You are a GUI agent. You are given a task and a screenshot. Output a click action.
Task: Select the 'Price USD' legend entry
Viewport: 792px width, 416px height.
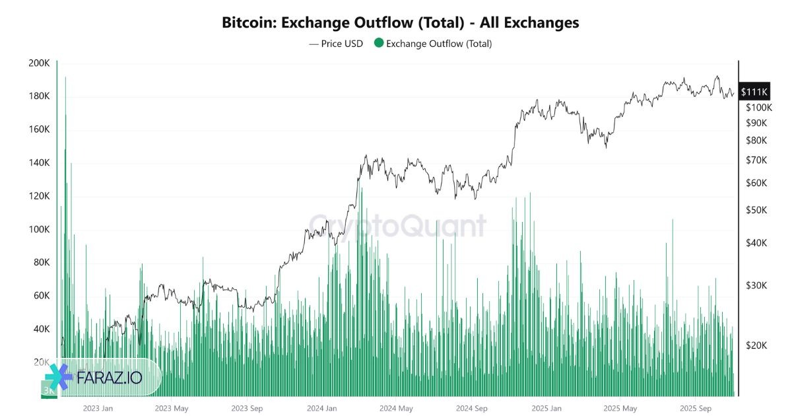pos(336,44)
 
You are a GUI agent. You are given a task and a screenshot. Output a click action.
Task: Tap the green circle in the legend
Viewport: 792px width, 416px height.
pos(378,44)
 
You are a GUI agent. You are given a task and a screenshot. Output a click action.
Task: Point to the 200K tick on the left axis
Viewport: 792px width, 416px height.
pos(39,63)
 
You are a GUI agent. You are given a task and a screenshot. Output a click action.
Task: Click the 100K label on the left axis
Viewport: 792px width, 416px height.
pos(39,229)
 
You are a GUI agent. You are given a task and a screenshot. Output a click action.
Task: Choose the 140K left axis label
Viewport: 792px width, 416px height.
pos(39,162)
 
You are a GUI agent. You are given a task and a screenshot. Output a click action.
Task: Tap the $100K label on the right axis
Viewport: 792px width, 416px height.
pos(758,107)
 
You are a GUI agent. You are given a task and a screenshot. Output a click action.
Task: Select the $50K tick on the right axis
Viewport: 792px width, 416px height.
pos(756,210)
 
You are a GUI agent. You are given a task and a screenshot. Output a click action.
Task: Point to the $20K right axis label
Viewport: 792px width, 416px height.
pos(756,345)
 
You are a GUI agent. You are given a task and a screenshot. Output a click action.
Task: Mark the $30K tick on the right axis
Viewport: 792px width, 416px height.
pos(756,285)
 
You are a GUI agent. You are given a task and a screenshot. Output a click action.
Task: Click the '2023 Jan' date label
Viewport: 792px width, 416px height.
pos(98,408)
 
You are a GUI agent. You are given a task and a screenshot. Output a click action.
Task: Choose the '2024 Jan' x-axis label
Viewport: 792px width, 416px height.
pos(322,408)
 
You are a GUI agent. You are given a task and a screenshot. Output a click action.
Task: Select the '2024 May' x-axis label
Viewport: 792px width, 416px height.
pos(397,408)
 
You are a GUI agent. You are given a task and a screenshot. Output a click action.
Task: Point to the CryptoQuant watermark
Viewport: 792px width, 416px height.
pos(397,226)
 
